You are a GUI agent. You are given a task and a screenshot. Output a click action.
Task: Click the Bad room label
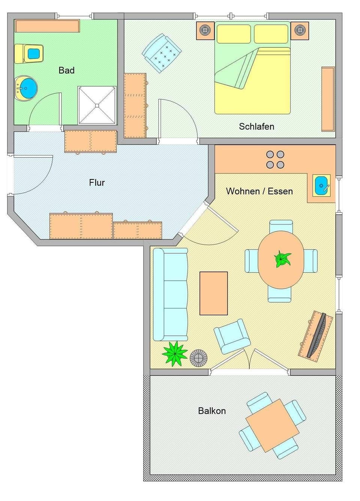66,70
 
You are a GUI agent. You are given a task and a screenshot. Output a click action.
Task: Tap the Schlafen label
256,127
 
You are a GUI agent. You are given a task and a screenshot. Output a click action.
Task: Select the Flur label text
97,183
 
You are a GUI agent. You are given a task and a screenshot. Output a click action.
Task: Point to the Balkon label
212,411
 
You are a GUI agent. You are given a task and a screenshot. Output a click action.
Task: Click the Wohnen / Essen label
259,191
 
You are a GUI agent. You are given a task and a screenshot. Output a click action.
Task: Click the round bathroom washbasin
26,88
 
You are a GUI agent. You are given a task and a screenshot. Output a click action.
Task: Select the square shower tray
97,105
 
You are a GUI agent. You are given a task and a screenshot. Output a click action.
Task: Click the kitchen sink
322,185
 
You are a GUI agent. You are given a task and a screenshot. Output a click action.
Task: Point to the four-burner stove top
275,159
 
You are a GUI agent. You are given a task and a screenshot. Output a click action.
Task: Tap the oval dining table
281,260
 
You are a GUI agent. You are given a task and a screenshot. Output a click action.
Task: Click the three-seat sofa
171,295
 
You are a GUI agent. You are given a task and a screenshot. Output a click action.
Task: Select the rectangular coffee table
214,293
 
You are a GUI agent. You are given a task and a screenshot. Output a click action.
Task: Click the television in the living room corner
316,335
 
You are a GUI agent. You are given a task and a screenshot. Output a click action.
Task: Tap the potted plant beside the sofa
174,353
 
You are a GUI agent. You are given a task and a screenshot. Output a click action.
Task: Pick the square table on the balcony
272,425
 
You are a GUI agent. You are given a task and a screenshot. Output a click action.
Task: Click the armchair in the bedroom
162,53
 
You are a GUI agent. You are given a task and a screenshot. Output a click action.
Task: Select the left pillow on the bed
234,34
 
